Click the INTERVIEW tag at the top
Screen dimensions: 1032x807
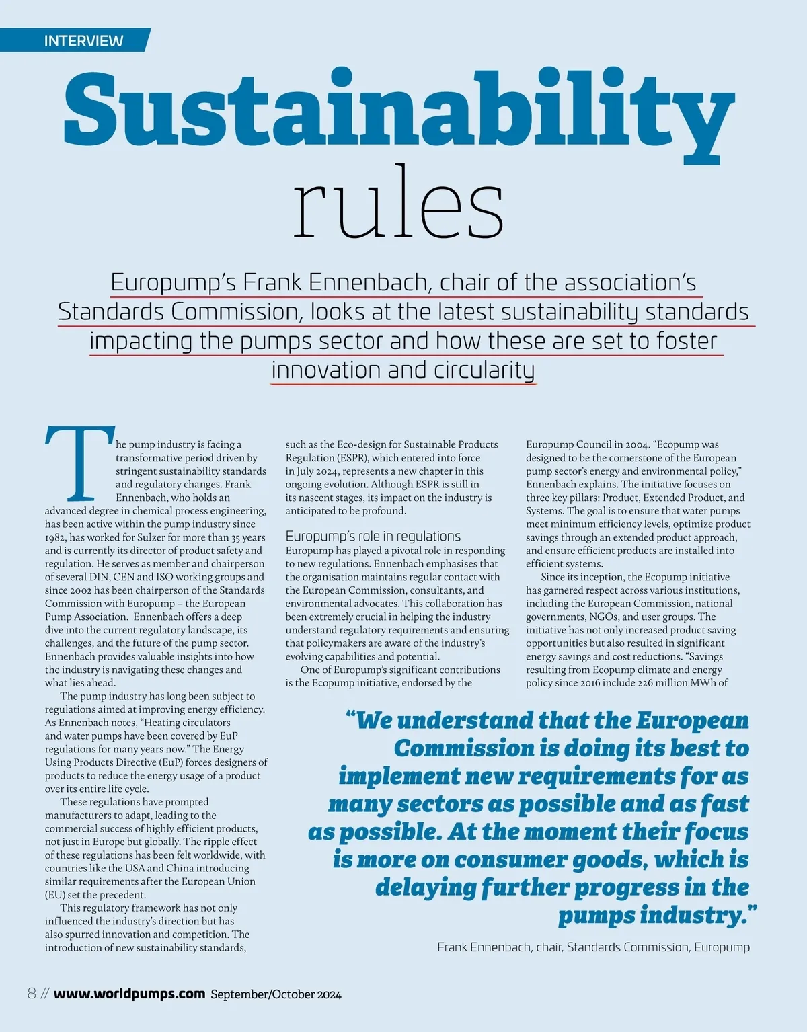point(83,40)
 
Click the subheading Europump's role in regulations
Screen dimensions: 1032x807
point(373,536)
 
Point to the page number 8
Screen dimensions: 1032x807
point(32,994)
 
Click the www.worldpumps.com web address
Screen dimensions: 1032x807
point(129,994)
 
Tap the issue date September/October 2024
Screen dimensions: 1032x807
point(276,994)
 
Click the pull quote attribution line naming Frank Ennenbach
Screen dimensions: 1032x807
point(593,947)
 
